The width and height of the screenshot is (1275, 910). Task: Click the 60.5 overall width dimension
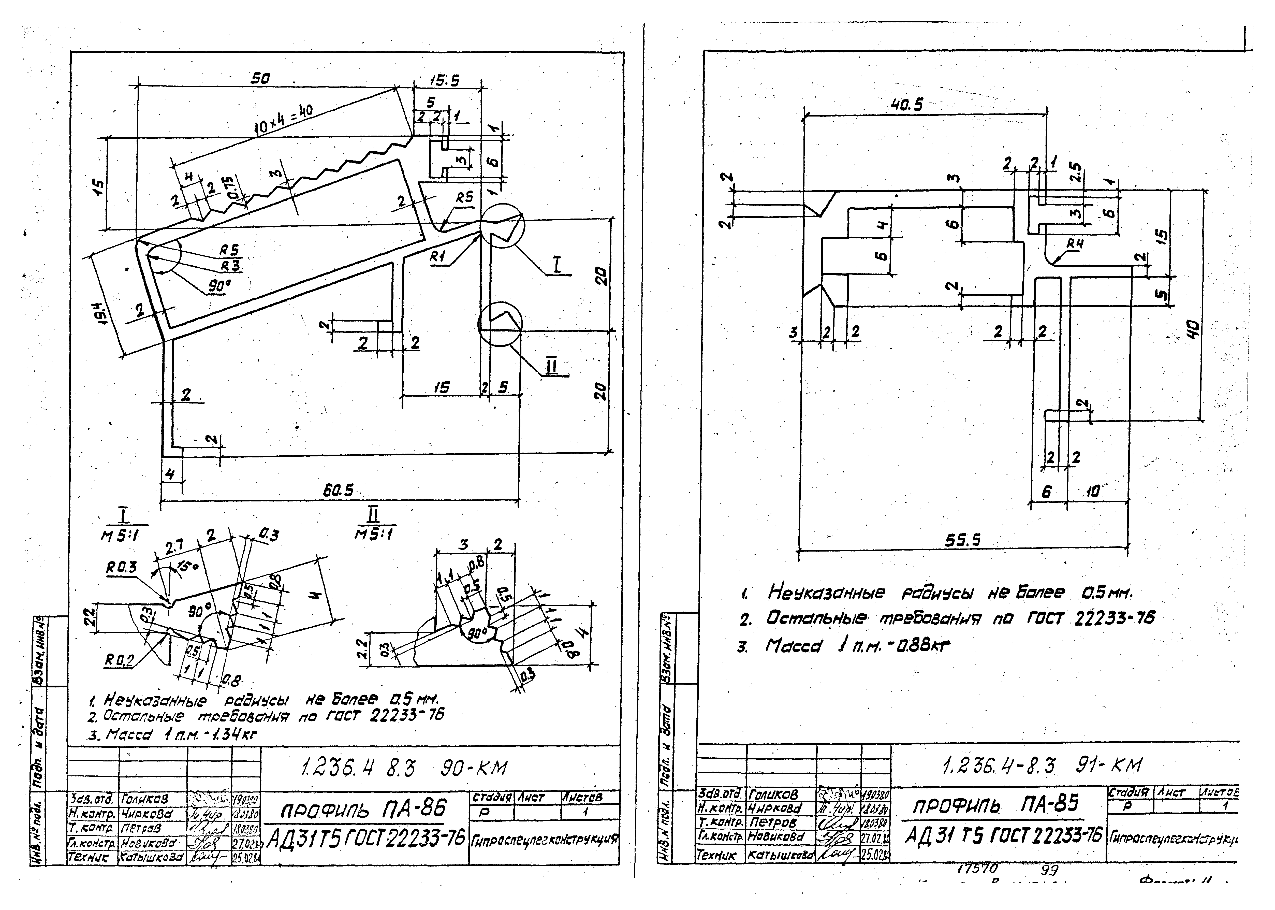pos(338,490)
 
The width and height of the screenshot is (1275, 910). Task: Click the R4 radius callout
pos(1074,244)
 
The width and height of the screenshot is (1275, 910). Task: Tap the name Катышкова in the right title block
pos(780,856)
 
